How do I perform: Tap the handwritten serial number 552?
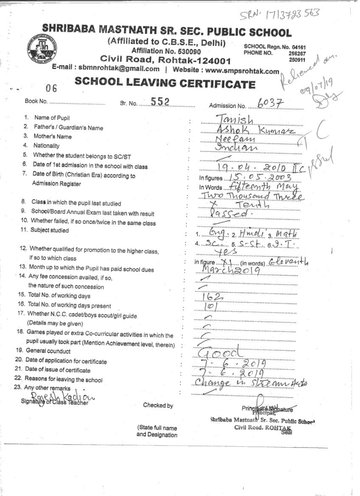pos(160,101)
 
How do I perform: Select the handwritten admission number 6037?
pos(270,103)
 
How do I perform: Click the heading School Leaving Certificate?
pos(165,83)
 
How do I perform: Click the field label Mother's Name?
pos(53,137)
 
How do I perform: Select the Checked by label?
pos(158,405)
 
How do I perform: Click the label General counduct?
pos(48,351)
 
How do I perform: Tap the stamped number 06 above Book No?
pos(51,88)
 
